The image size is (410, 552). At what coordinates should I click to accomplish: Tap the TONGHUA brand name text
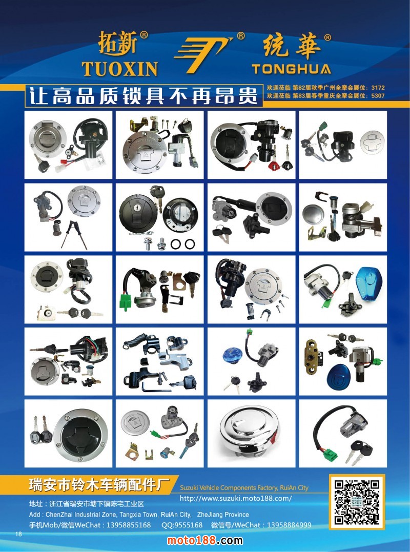coord(292,69)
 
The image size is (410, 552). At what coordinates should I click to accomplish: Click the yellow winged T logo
coord(203,53)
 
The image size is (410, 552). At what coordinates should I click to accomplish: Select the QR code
coord(357,502)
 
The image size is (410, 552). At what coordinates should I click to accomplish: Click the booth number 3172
coord(378,87)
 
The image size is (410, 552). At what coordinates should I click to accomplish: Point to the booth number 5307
coord(378,95)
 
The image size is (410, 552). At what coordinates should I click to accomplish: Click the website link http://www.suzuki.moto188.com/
coord(236,498)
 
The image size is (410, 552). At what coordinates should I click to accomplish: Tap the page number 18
coord(18,534)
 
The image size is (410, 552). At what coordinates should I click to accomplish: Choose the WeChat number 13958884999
coord(289,525)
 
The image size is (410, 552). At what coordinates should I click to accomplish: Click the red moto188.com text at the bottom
coord(205,540)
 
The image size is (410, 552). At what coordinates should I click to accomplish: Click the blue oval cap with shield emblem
coord(338,377)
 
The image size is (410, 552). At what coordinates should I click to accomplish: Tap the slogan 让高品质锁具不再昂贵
coord(143,95)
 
